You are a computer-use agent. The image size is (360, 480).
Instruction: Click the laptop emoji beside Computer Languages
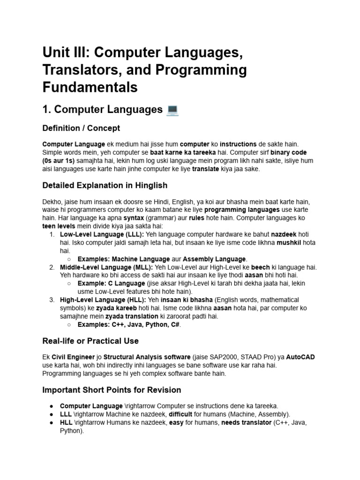click(172, 110)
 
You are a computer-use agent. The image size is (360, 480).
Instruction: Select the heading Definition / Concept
click(81, 128)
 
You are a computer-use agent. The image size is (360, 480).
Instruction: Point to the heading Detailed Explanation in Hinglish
click(105, 185)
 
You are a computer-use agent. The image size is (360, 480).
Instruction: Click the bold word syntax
click(134, 218)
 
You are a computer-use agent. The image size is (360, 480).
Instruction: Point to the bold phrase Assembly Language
click(214, 259)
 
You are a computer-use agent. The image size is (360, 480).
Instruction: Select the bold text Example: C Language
click(111, 283)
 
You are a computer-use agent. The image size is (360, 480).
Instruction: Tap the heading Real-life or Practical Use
click(90, 341)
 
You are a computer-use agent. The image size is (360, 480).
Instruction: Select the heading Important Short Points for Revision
click(112, 390)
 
